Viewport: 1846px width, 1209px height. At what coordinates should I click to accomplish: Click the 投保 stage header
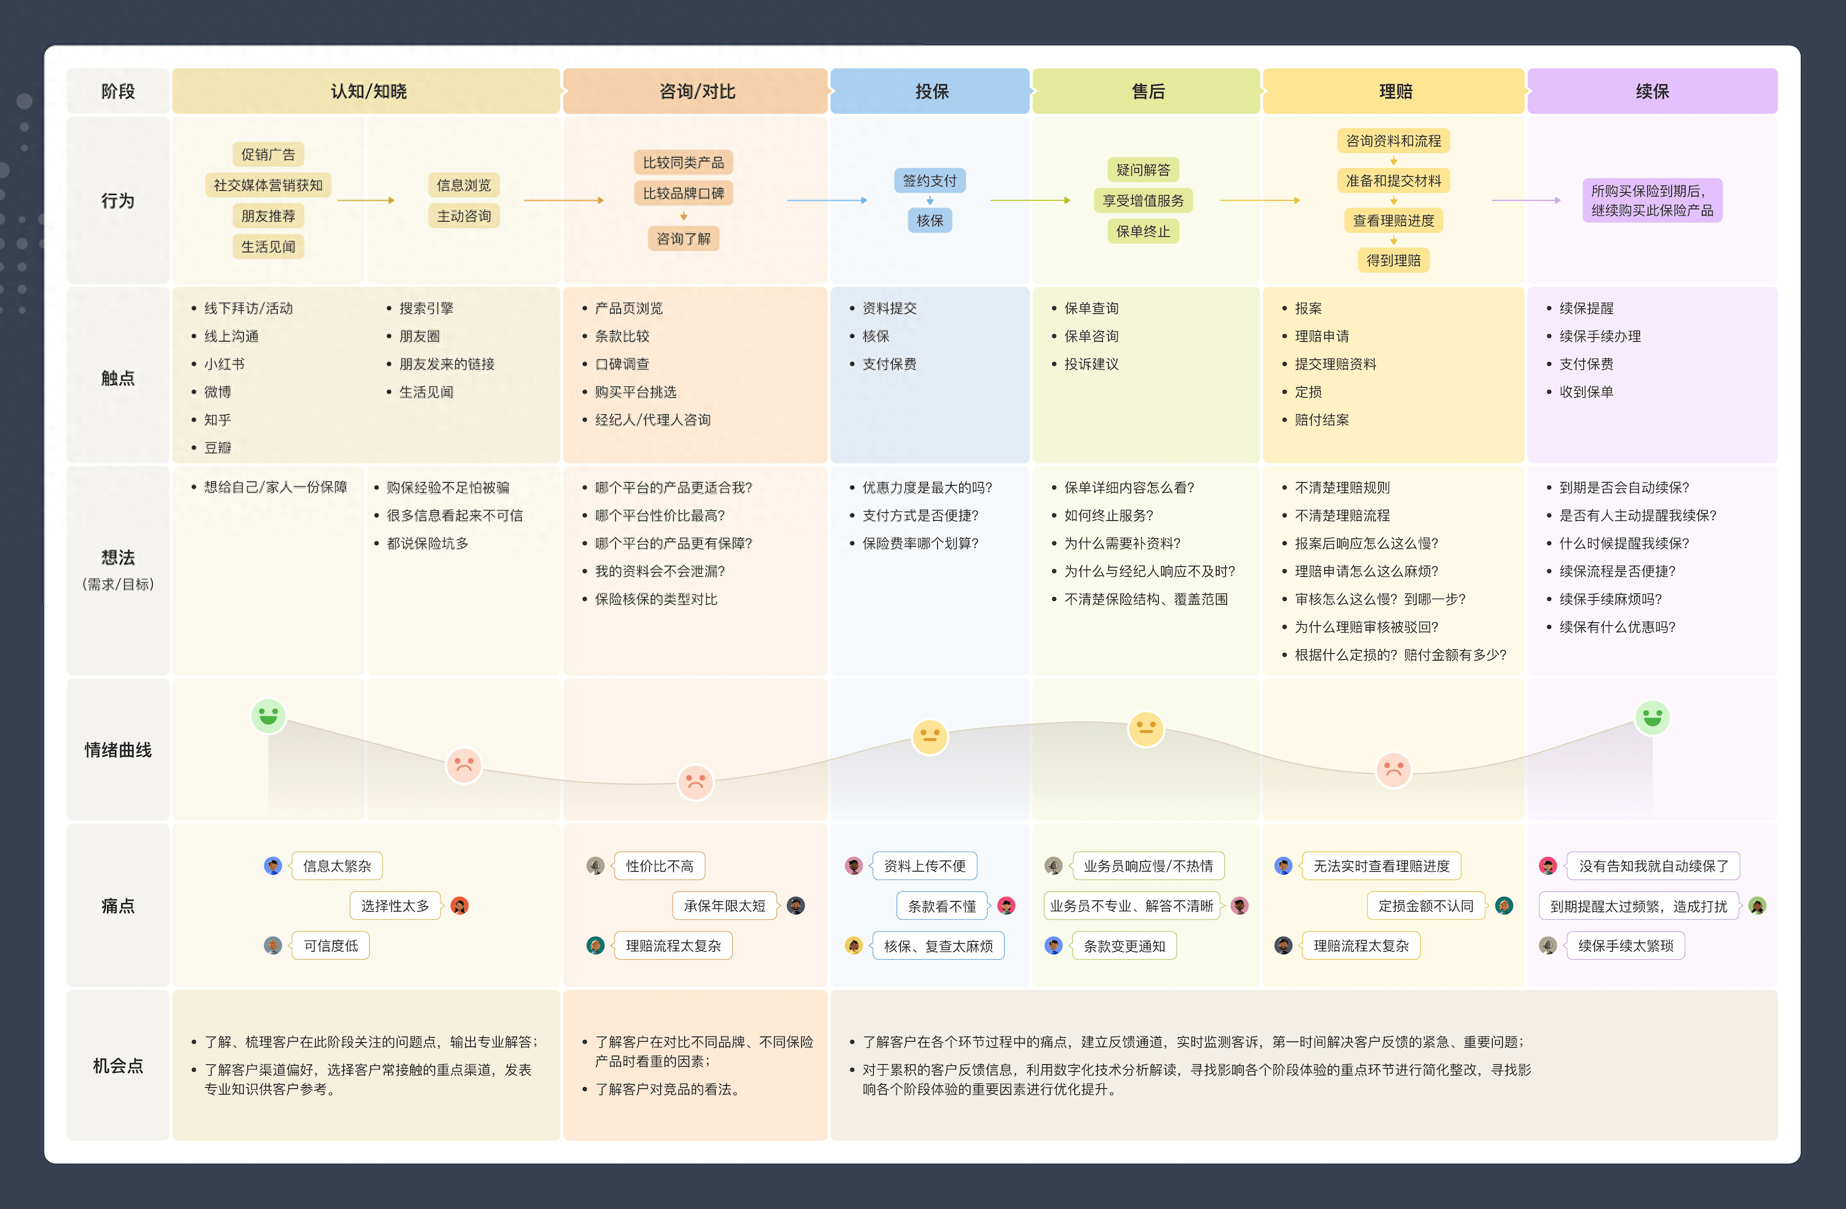coord(931,92)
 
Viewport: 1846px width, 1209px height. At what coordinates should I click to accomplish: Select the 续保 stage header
coord(1652,92)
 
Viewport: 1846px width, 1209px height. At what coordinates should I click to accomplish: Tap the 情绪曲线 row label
coord(118,750)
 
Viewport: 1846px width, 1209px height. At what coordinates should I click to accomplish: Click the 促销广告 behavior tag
coord(268,155)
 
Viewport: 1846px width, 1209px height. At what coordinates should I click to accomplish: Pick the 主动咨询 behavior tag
coord(464,215)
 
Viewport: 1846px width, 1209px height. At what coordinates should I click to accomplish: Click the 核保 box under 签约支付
coord(929,220)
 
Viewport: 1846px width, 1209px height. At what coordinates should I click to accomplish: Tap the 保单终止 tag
coord(1143,231)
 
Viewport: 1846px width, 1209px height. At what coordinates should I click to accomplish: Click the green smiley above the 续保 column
coord(1652,718)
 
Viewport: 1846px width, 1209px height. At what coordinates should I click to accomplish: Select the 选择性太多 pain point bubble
coord(395,906)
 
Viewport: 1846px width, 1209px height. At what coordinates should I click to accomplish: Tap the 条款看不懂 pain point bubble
coord(941,906)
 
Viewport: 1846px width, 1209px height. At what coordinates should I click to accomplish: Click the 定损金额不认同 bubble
coord(1426,906)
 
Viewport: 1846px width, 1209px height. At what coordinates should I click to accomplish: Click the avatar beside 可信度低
coord(272,945)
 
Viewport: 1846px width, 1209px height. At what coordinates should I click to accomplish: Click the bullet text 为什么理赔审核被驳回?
coord(1366,627)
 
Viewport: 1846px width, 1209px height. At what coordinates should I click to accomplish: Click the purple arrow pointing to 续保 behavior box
coord(1525,200)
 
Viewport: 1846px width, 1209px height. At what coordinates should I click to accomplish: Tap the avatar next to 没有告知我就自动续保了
coord(1548,866)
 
